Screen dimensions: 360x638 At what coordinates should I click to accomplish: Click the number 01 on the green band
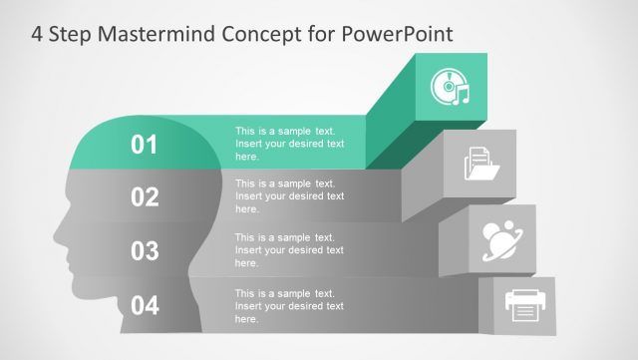click(145, 146)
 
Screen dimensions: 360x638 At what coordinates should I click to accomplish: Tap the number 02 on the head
click(145, 197)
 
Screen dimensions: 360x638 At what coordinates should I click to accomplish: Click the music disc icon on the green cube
click(449, 88)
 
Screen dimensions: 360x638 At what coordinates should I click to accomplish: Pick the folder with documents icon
click(481, 164)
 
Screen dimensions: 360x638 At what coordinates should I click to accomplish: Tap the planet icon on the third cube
click(504, 239)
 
